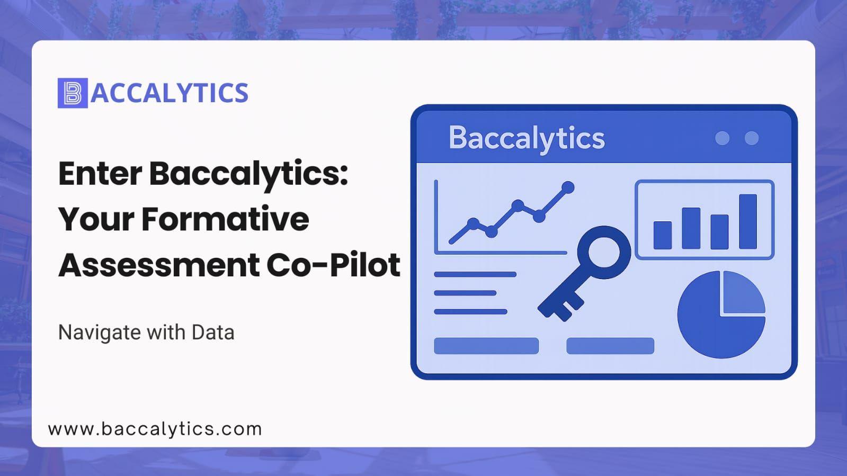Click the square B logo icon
73,93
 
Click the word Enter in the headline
100,174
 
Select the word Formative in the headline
225,219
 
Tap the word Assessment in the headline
159,265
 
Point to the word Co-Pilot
334,265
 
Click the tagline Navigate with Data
146,333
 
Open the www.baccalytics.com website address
155,429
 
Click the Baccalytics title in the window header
527,138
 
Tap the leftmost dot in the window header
722,138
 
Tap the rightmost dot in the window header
752,138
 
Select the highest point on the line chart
568,187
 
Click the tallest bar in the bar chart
748,221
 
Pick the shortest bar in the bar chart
663,235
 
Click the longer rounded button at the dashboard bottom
486,346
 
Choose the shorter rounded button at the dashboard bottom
610,346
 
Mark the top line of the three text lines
475,274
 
